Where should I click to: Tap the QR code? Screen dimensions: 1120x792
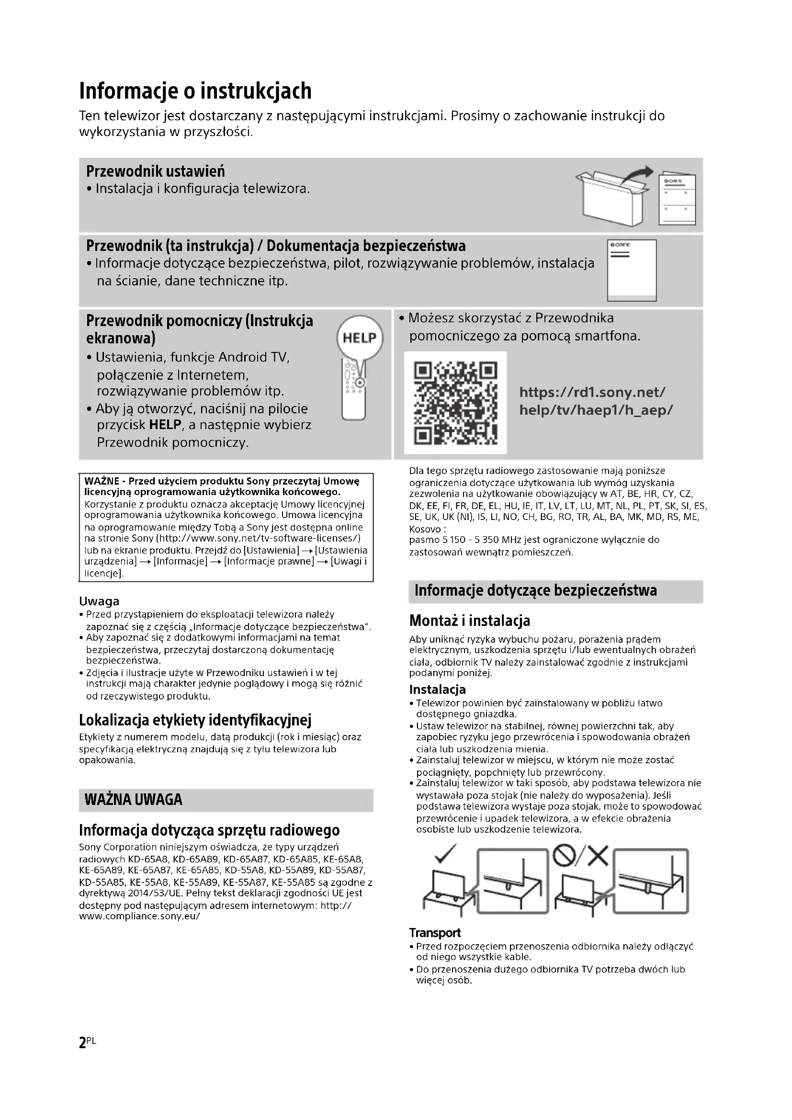click(x=455, y=403)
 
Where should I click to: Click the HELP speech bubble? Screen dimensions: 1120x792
click(x=360, y=338)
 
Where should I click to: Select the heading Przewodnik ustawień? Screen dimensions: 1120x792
click(x=156, y=171)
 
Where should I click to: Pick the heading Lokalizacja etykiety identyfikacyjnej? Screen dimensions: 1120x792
click(x=195, y=720)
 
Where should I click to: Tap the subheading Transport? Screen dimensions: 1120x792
click(x=434, y=933)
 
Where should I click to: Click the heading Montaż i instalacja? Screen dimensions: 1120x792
click(x=469, y=621)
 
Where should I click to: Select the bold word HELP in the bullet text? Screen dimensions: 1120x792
click(x=165, y=425)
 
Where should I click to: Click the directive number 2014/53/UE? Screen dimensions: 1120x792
click(x=111, y=893)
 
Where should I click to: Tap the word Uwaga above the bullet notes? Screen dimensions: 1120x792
click(x=99, y=601)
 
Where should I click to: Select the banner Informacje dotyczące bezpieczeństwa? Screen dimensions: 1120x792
click(x=535, y=591)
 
